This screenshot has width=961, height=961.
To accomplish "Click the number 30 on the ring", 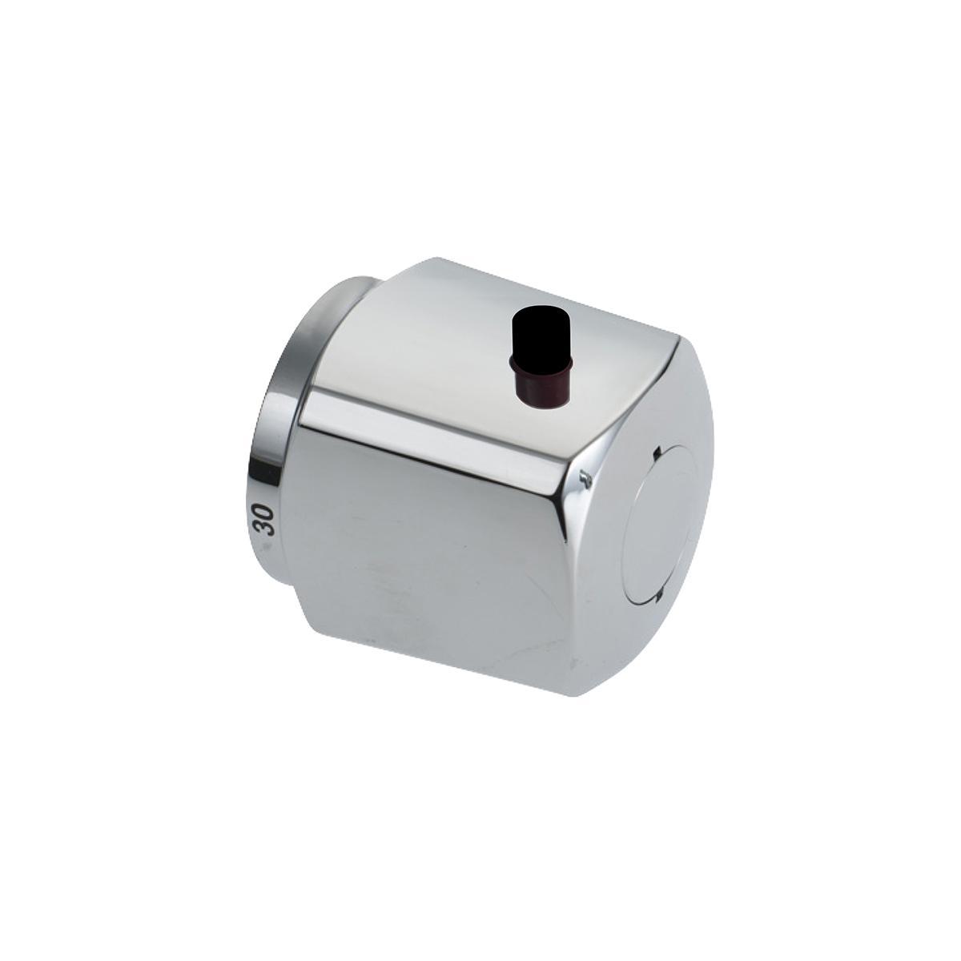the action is click(263, 521).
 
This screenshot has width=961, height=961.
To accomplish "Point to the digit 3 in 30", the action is click(264, 529).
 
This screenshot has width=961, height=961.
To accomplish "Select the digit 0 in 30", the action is click(263, 513).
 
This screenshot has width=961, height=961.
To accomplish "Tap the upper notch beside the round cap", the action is click(657, 452).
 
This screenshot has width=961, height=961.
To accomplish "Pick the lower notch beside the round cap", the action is click(660, 593).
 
